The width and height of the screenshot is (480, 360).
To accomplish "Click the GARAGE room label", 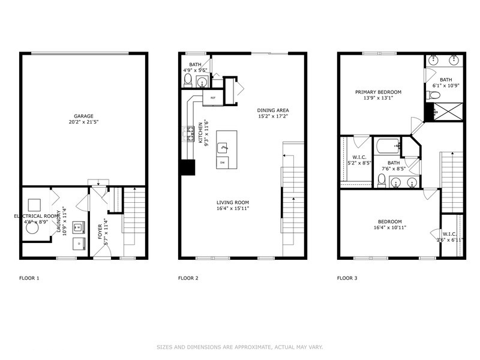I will click(84, 116).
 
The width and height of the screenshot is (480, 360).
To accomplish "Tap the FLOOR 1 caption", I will click(29, 278).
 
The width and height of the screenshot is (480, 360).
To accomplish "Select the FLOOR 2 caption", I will click(188, 278).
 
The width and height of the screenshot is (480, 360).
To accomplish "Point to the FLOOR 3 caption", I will click(347, 278).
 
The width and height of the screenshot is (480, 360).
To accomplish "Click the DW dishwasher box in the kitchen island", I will click(222, 163).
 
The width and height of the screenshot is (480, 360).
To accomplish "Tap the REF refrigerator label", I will click(212, 97).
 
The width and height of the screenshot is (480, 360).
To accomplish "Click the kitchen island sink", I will click(223, 146).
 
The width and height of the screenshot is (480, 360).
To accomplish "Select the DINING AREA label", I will click(273, 110).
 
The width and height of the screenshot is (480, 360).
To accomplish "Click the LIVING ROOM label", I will click(233, 202).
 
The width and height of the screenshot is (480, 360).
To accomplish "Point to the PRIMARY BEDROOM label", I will click(378, 92).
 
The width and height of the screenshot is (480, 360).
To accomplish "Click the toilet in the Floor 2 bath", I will click(188, 80).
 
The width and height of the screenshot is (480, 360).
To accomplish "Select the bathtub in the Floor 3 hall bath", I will click(387, 146).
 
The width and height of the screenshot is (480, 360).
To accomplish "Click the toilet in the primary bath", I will click(436, 95).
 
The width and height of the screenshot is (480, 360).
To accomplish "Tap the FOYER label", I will click(100, 231).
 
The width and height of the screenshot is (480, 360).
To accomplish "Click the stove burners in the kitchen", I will click(189, 133).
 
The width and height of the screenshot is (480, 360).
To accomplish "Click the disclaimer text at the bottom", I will click(240, 347).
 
